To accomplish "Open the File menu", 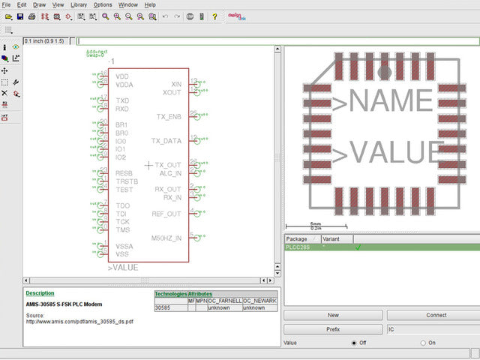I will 6,4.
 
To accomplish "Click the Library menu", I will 79,4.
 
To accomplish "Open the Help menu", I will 151,4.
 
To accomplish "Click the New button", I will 333,315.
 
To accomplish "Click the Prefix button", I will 333,329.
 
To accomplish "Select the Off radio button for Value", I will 354,343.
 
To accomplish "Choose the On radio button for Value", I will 423,343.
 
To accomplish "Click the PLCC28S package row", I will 301,247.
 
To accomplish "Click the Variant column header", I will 334,238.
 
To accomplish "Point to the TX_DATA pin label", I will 166,141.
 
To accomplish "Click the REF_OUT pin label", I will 167,214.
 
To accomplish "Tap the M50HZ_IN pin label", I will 166,238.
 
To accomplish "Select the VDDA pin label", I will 124,85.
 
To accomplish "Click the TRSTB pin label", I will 127,181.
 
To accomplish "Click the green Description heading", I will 40,293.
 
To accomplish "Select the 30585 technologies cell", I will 163,307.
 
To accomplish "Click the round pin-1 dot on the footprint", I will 384,73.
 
